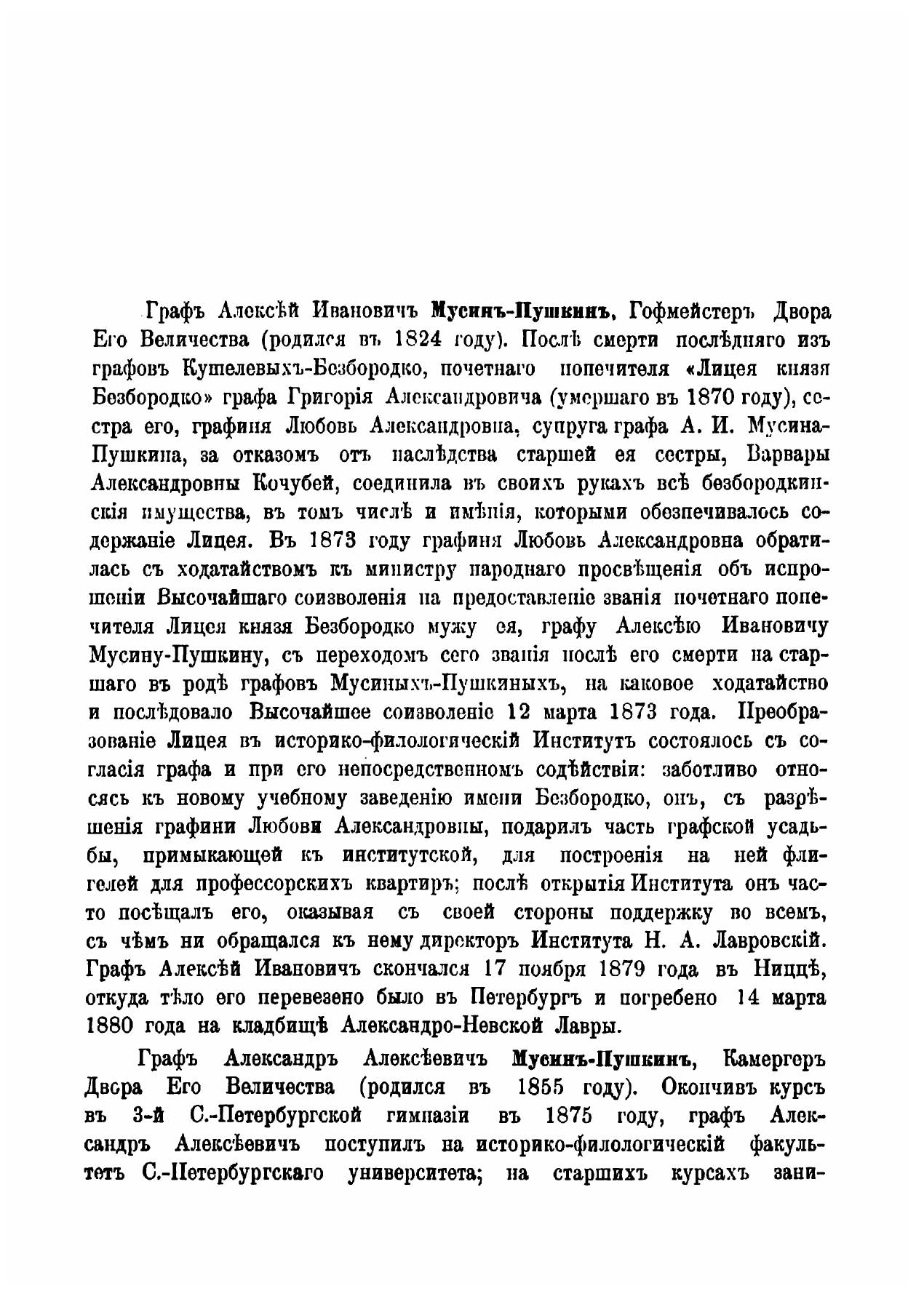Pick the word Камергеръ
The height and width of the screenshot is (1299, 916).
tap(774, 1059)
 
